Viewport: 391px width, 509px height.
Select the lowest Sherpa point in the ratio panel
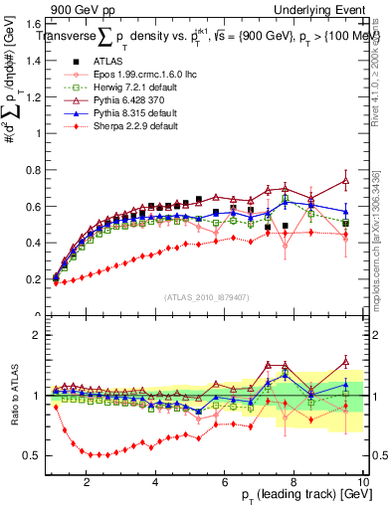(x=98, y=454)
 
